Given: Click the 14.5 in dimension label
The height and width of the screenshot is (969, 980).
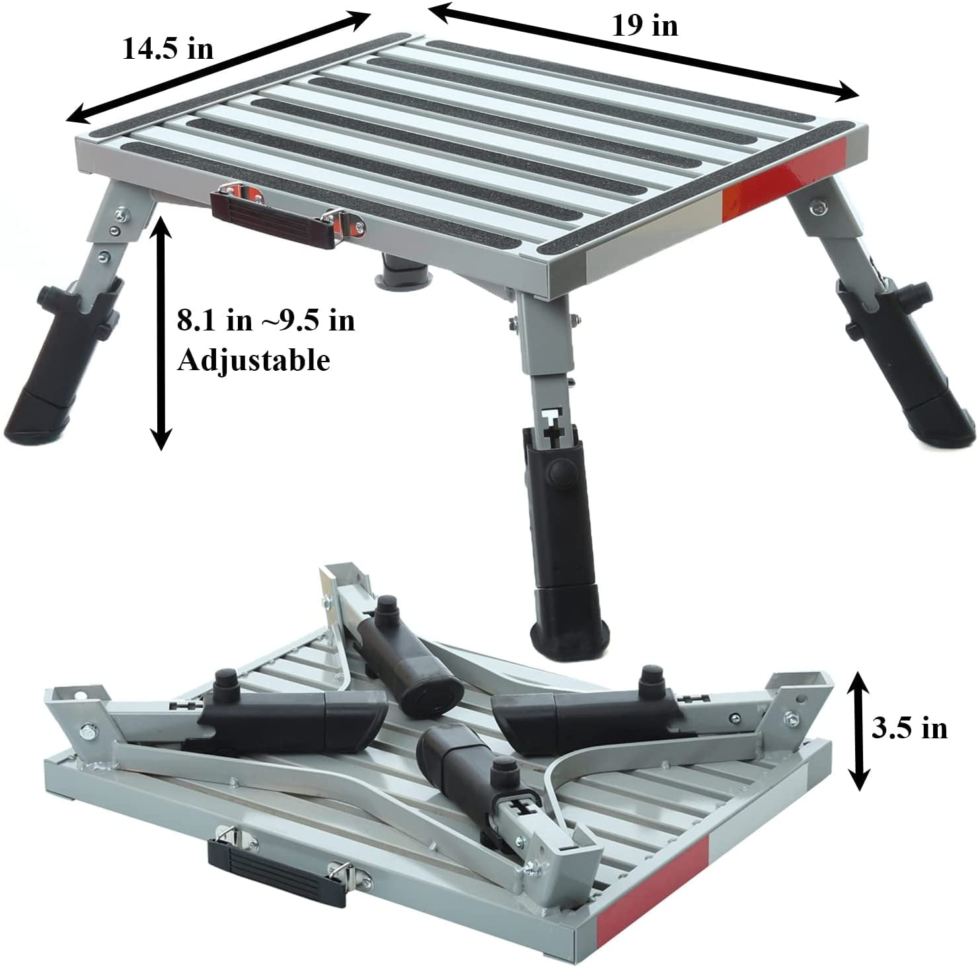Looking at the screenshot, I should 168,48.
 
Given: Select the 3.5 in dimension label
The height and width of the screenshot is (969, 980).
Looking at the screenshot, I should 909,728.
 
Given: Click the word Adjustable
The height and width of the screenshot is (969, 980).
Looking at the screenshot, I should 253,361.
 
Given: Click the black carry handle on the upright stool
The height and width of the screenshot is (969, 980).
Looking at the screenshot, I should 275,217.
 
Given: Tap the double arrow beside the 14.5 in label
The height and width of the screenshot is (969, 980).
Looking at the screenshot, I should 217,66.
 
